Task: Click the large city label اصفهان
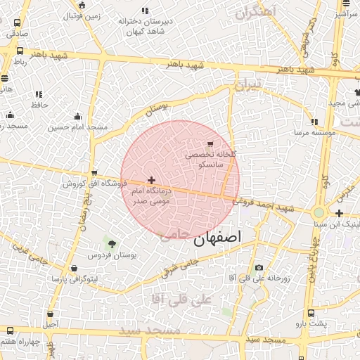click(217, 238)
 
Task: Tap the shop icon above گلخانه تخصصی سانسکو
click(212, 143)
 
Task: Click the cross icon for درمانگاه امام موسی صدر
click(151, 181)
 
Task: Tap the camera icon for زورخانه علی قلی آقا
click(259, 268)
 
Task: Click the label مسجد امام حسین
click(77, 127)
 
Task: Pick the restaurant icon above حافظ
click(39, 94)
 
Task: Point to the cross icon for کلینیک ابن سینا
click(340, 213)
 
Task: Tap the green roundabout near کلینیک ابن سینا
click(319, 212)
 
